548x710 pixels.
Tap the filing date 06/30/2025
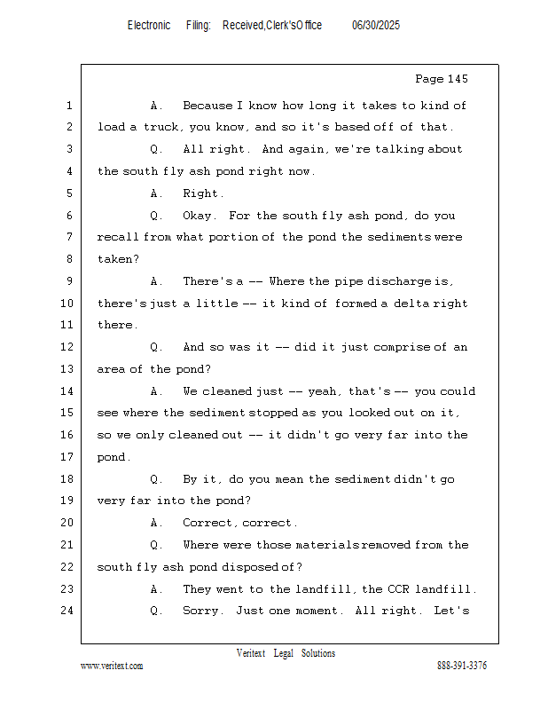click(376, 26)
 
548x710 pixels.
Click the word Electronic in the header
click(149, 26)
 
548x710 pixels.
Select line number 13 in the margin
click(67, 369)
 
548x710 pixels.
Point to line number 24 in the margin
click(67, 611)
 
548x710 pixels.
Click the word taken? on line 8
click(118, 259)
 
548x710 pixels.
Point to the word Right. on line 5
click(203, 193)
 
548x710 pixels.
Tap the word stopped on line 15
click(273, 413)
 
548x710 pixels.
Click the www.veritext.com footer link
click(112, 667)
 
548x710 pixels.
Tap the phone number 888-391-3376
click(462, 666)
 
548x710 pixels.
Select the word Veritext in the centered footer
click(251, 653)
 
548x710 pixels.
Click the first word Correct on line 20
click(210, 523)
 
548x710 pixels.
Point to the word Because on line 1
click(207, 106)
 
